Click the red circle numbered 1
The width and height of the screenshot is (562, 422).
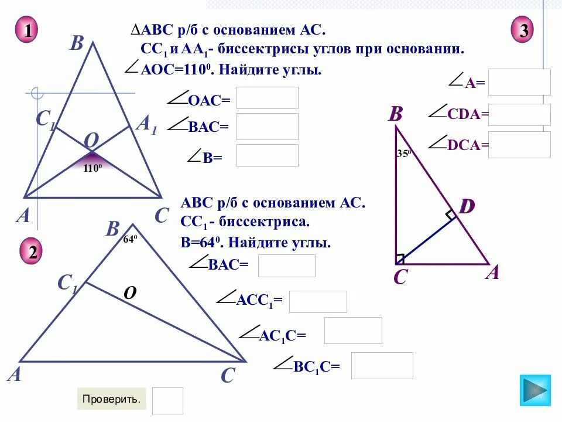tap(27, 30)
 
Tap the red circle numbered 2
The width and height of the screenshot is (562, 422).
tap(32, 252)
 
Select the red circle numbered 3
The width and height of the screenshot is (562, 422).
tap(523, 30)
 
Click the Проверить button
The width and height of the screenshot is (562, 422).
tap(111, 399)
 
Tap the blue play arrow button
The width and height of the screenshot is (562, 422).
tap(535, 390)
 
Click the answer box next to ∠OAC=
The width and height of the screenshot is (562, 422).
tap(267, 98)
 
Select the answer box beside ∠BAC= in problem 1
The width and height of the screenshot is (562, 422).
tap(267, 126)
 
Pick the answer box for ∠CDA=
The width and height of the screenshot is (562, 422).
tap(519, 115)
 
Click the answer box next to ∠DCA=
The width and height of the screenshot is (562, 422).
tap(519, 145)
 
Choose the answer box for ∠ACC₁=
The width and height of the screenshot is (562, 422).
tap(318, 302)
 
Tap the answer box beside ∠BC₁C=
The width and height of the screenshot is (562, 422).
tap(382, 366)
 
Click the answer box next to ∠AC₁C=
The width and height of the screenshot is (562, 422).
tap(353, 331)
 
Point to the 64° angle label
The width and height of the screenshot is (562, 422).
tap(129, 239)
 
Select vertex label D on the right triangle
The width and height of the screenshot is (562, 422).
tap(467, 206)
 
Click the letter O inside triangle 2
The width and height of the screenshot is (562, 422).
tap(129, 293)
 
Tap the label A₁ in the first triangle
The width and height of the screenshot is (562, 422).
tap(146, 124)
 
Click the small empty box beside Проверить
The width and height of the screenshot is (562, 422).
tap(167, 401)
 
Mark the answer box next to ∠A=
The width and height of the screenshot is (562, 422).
tap(519, 82)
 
